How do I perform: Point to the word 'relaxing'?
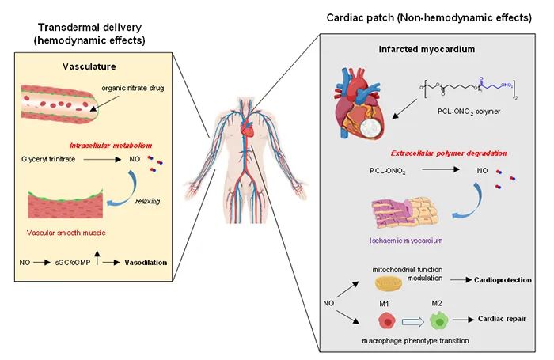146,200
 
